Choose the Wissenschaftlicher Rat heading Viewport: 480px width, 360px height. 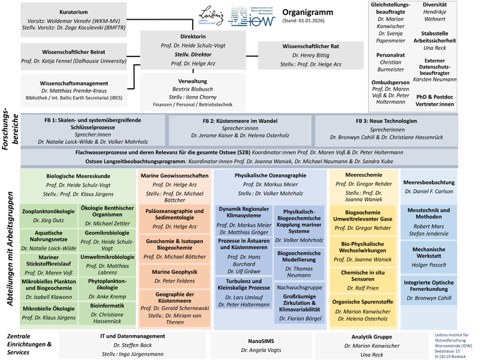(310, 46)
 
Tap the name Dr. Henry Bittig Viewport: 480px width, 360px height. (311, 55)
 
